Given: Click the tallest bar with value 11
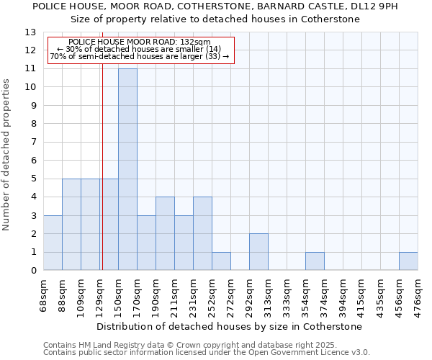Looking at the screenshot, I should point(127,169).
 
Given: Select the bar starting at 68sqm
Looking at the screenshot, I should point(53,243).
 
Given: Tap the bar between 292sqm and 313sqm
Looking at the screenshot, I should point(258,252).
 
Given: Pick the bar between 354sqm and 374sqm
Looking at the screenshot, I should point(315,261).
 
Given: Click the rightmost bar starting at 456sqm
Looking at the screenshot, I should point(408,261).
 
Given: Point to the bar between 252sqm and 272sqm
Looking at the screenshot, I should point(221,261).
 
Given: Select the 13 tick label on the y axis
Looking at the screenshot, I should point(30,32).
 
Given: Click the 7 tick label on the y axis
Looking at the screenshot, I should point(32,142).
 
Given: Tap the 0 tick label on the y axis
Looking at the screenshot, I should point(32,270).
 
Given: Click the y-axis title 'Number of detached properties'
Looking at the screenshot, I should point(7,155).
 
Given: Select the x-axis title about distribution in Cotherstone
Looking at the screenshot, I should point(230,326).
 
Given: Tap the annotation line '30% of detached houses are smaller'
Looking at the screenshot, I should point(140,49).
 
